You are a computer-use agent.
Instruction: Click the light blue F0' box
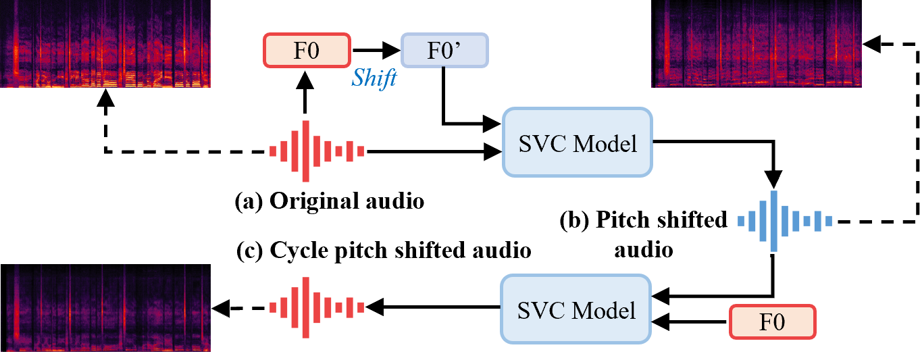pyautogui.click(x=444, y=51)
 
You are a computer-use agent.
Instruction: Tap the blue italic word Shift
pyautogui.click(x=374, y=78)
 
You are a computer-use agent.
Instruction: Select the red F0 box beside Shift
pyautogui.click(x=307, y=51)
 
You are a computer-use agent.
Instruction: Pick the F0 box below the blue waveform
pyautogui.click(x=773, y=322)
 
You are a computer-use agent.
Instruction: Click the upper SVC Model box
pyautogui.click(x=578, y=143)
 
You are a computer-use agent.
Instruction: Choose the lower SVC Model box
pyautogui.click(x=576, y=309)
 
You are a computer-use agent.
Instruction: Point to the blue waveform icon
pyautogui.click(x=784, y=221)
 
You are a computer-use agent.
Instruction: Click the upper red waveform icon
pyautogui.click(x=317, y=151)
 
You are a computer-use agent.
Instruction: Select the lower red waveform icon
pyautogui.click(x=317, y=307)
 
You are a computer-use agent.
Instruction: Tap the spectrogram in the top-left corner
pyautogui.click(x=105, y=43)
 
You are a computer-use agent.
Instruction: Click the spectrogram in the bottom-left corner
pyautogui.click(x=105, y=307)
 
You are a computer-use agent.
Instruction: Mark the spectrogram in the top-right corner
pyautogui.click(x=757, y=43)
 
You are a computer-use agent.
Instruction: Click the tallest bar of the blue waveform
pyautogui.click(x=773, y=221)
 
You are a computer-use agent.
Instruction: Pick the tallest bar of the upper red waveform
pyautogui.click(x=306, y=151)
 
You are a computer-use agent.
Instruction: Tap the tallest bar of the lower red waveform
pyautogui.click(x=306, y=307)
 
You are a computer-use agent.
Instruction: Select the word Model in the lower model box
pyautogui.click(x=605, y=310)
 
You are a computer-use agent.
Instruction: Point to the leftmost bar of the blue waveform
pyautogui.click(x=741, y=221)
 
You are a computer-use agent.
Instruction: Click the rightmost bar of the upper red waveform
pyautogui.click(x=361, y=151)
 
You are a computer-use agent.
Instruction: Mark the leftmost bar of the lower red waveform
pyautogui.click(x=273, y=307)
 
